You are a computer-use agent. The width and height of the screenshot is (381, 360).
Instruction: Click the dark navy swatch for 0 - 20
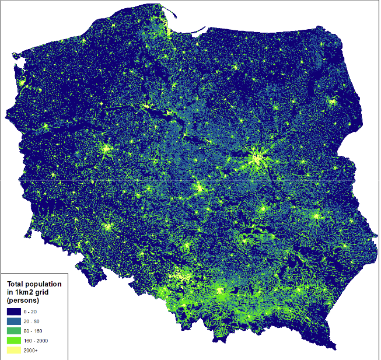coord(15,312)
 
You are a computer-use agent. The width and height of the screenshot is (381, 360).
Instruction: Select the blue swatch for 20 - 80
coord(15,321)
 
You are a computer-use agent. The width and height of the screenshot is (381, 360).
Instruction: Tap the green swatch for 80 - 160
coord(15,331)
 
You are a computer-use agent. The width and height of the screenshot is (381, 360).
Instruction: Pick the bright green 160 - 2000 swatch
coord(15,341)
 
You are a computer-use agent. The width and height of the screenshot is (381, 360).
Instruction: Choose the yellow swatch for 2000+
coord(15,351)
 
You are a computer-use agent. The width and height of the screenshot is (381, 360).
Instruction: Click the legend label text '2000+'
coord(31,351)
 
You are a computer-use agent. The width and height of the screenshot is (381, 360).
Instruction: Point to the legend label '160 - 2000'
coord(35,341)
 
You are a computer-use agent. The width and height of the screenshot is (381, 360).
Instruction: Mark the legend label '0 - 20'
coord(31,312)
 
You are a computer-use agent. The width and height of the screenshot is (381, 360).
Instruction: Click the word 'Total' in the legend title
coord(16,284)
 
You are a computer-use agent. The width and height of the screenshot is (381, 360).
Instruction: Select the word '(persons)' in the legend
coord(23,300)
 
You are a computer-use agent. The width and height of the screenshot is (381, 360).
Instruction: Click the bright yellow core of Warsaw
coord(257,157)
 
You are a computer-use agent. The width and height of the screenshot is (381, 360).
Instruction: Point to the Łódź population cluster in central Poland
coord(200,188)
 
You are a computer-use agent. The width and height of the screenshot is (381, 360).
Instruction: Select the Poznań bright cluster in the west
coord(106,149)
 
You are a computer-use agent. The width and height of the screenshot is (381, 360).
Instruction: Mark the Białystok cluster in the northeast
coord(333,102)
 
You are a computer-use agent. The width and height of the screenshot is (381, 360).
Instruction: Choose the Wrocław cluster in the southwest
coord(107,226)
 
